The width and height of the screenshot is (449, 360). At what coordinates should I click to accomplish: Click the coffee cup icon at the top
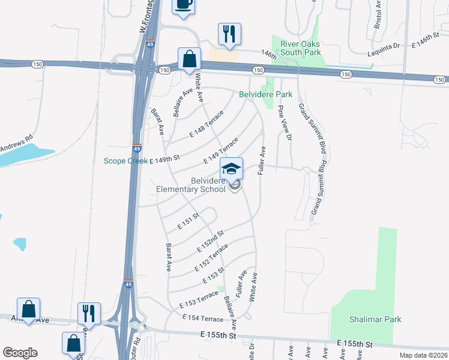click(184, 5)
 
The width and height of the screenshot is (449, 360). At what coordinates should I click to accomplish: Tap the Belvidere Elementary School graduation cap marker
click(231, 169)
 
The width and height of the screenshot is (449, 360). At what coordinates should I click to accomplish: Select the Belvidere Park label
click(265, 94)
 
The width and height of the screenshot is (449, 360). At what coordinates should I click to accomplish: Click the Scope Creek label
click(125, 160)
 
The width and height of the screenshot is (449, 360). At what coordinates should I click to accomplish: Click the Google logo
click(19, 353)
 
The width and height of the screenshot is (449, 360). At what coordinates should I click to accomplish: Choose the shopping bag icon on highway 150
click(189, 59)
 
